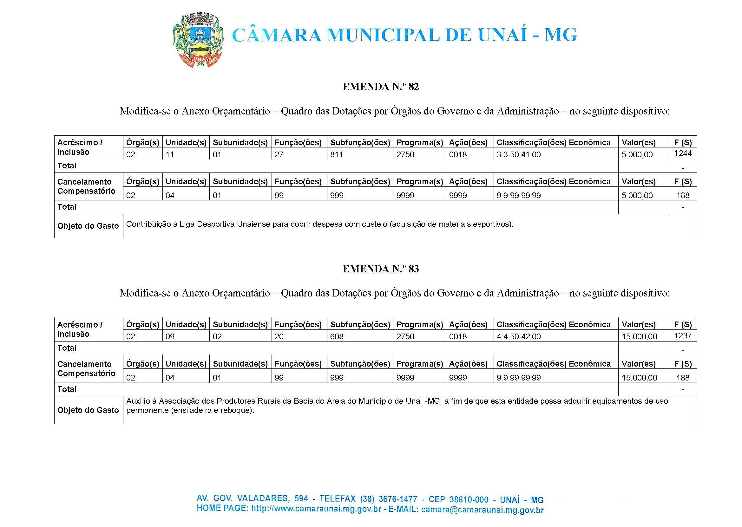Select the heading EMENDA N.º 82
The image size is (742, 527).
380,87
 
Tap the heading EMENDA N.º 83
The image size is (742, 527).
380,269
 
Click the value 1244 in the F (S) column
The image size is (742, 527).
683,153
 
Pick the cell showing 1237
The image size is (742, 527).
683,335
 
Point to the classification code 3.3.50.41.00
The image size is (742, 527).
518,154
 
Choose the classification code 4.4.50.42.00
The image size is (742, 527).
518,336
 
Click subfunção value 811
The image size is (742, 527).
336,154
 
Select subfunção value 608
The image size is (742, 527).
337,336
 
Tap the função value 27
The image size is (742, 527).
279,154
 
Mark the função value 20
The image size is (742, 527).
279,336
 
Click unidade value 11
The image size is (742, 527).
170,154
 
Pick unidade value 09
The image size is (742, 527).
170,336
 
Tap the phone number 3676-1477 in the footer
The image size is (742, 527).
393,499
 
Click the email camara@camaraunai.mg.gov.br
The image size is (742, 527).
482,510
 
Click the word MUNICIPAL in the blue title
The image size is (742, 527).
383,35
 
